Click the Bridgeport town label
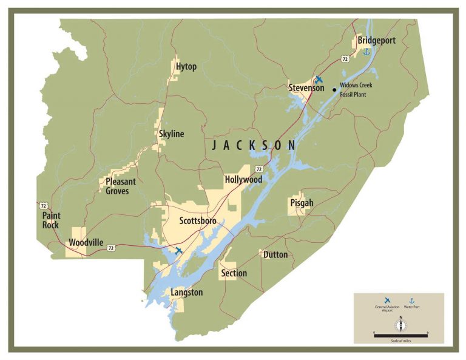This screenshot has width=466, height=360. (377, 40)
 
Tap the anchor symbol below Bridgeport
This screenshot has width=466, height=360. (366, 52)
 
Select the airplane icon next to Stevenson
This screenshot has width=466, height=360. (319, 80)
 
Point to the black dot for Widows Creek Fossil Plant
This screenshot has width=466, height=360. (334, 90)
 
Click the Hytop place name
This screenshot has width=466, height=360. (186, 66)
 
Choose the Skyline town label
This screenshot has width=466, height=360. (171, 134)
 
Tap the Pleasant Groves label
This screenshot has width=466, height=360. (121, 186)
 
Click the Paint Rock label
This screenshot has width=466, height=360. (52, 220)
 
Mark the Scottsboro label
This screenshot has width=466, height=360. (198, 220)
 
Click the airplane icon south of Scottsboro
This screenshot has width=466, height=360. (178, 250)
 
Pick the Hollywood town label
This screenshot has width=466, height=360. (243, 180)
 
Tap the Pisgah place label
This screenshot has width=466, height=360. (302, 203)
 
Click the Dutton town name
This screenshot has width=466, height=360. (275, 254)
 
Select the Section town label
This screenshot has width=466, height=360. (234, 273)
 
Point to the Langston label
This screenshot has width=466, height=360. (186, 292)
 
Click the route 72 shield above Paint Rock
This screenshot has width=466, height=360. (44, 205)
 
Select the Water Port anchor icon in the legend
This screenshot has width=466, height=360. (411, 301)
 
